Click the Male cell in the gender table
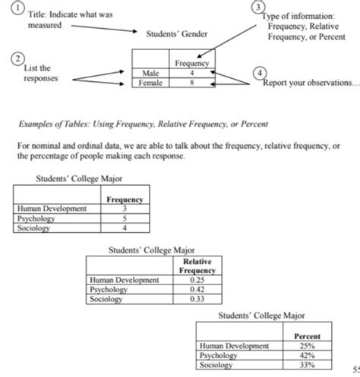150,73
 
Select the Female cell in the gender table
150,82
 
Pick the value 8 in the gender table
191,82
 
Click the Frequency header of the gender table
191,64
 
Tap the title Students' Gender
176,34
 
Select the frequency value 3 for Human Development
125,209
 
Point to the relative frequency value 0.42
197,289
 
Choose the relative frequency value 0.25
197,280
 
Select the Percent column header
307,336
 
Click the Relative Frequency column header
197,265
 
